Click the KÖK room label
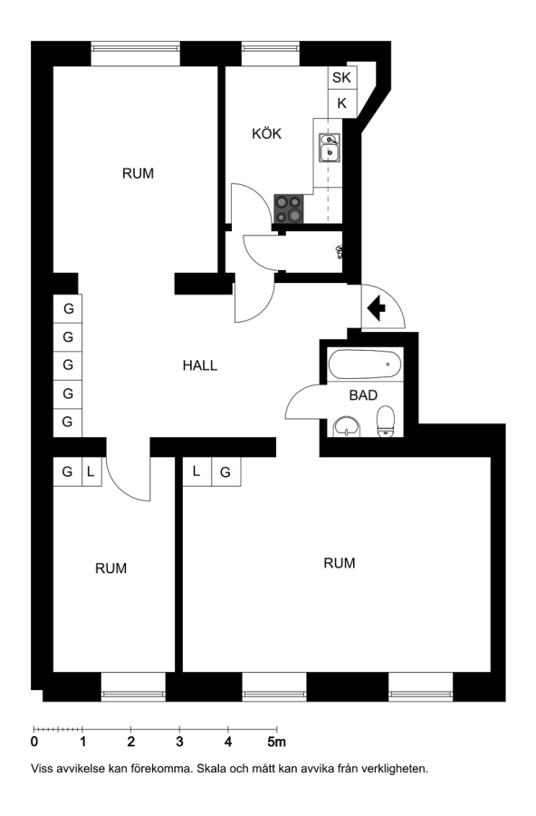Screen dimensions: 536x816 (x=266, y=134)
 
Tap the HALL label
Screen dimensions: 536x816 (x=199, y=366)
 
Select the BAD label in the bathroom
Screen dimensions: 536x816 (x=363, y=395)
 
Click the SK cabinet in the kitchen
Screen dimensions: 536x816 (x=341, y=78)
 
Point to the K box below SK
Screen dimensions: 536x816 (x=341, y=103)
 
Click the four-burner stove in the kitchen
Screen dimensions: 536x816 (x=289, y=209)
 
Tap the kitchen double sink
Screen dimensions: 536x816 (x=329, y=147)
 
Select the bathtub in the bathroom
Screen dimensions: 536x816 (x=365, y=364)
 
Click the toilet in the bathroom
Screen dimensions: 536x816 (x=386, y=421)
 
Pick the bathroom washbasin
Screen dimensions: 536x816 (x=347, y=426)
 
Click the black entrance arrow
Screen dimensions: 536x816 (x=377, y=307)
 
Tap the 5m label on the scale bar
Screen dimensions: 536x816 (x=276, y=742)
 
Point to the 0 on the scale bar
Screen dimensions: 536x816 (x=34, y=742)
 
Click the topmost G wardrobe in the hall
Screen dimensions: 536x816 (x=68, y=308)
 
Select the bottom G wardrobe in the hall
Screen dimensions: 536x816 (x=68, y=422)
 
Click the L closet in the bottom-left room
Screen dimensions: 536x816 (x=91, y=472)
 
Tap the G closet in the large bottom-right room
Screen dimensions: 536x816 (x=225, y=472)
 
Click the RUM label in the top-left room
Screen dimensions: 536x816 (x=138, y=173)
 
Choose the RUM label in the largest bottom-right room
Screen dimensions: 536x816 (x=339, y=563)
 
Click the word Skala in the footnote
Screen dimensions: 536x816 (x=211, y=769)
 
